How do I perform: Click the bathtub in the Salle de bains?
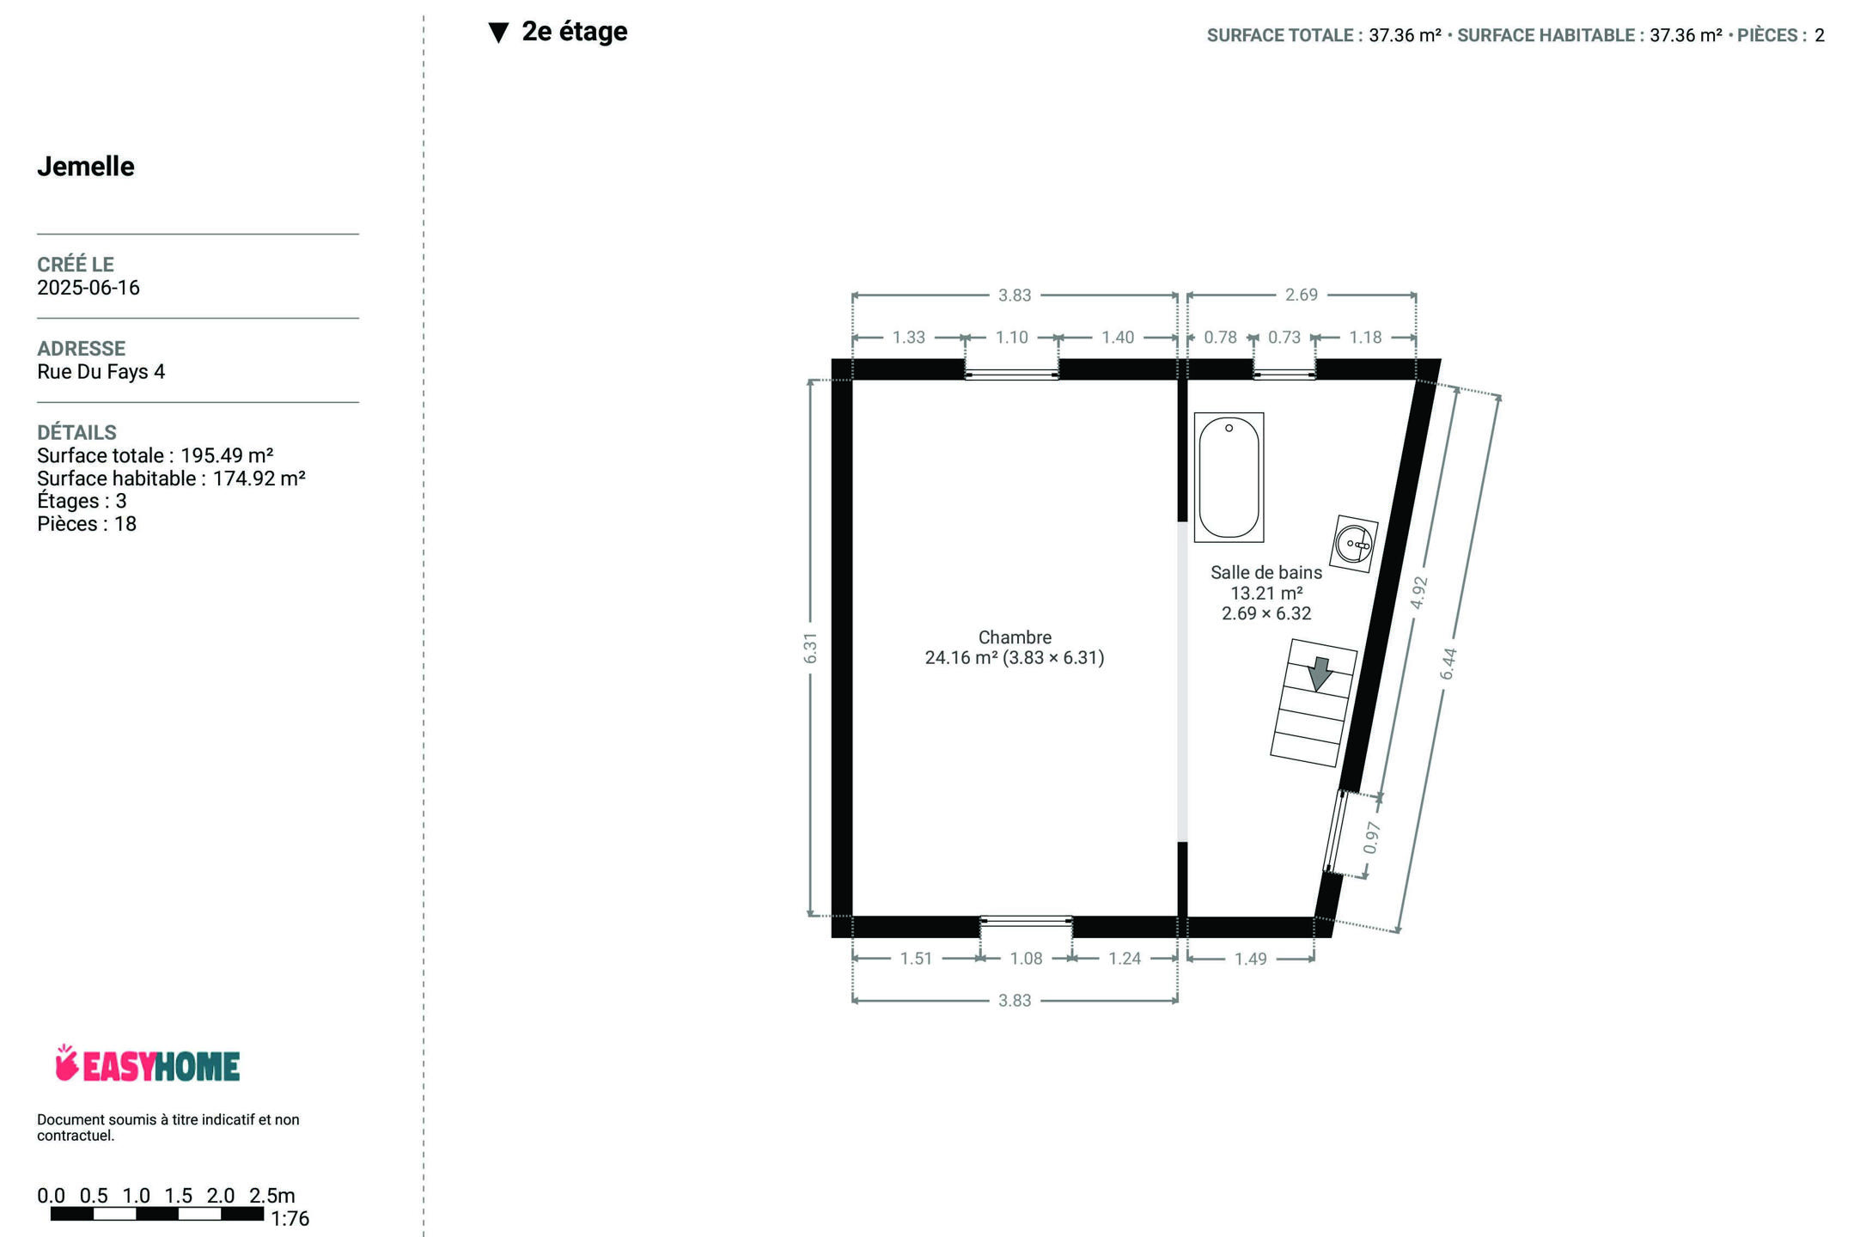(x=1229, y=478)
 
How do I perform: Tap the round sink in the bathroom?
(x=1354, y=544)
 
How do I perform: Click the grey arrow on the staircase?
(x=1320, y=673)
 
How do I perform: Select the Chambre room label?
(x=1015, y=637)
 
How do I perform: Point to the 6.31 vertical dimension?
(x=810, y=648)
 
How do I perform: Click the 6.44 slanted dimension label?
(x=1448, y=663)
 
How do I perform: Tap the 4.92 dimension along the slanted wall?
(x=1419, y=592)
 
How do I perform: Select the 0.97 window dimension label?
(x=1372, y=838)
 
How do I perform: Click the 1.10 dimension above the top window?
(x=1012, y=338)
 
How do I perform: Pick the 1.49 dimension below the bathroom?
(x=1251, y=959)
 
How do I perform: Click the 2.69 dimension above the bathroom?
(x=1302, y=296)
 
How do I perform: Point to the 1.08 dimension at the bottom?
(x=1027, y=959)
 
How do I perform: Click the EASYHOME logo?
(x=147, y=1064)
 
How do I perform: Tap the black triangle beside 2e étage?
(x=498, y=33)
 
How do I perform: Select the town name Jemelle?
(x=86, y=167)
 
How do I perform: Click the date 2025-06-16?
(x=88, y=288)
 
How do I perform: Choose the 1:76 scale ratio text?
(x=290, y=1219)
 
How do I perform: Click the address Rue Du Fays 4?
(x=101, y=372)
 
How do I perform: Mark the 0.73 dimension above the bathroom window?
(x=1284, y=338)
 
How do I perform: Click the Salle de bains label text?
(x=1266, y=572)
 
